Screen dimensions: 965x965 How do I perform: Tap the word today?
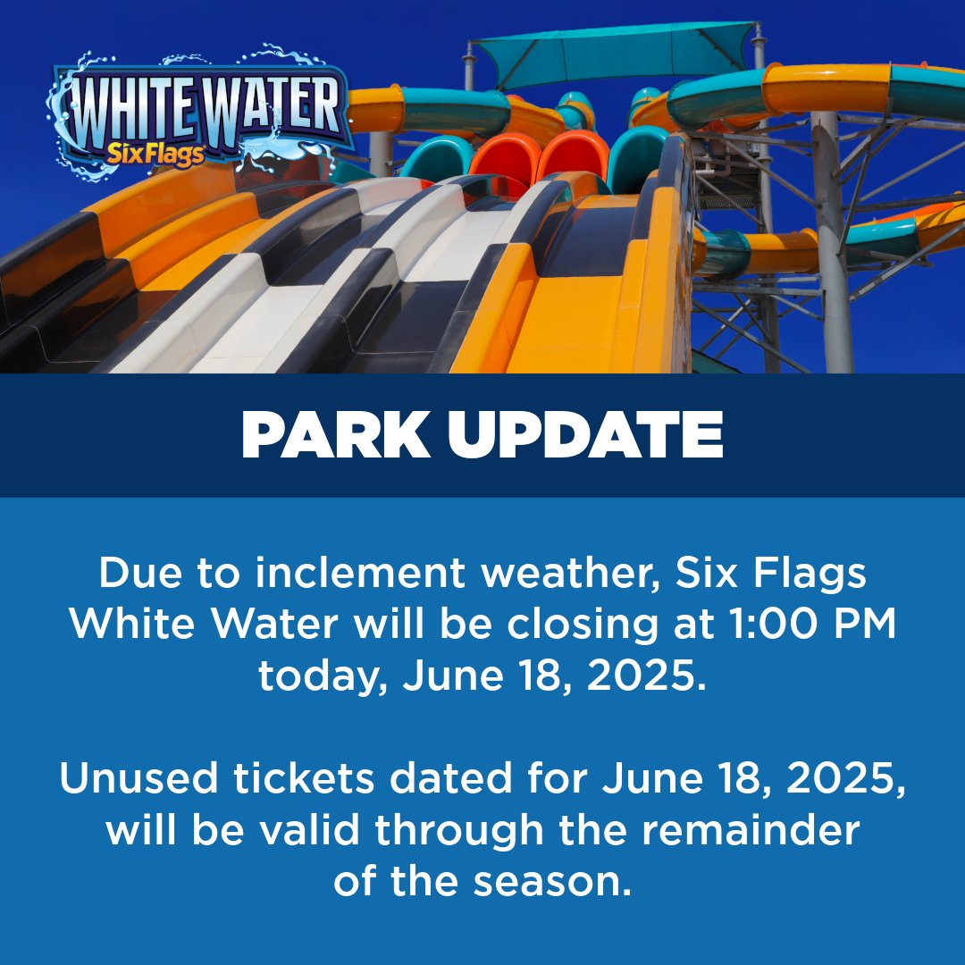coord(323,677)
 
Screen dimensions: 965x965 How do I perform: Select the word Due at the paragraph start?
coord(135,574)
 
